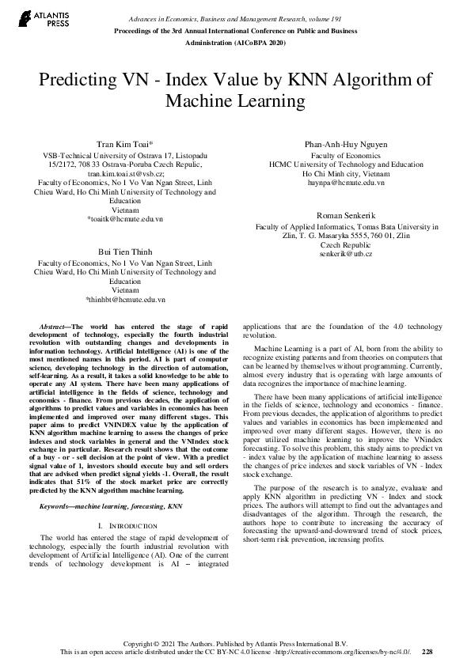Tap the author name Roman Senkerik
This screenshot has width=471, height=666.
345,216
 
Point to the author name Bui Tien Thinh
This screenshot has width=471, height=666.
125,250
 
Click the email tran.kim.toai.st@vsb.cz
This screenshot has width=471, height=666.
125,172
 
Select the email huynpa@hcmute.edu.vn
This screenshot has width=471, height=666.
346,182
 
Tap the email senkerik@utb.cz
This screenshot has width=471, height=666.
346,253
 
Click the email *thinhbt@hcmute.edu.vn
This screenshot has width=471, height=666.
125,301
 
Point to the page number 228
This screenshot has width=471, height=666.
427,652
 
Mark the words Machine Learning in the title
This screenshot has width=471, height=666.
235,101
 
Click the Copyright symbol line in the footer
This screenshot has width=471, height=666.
235,643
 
